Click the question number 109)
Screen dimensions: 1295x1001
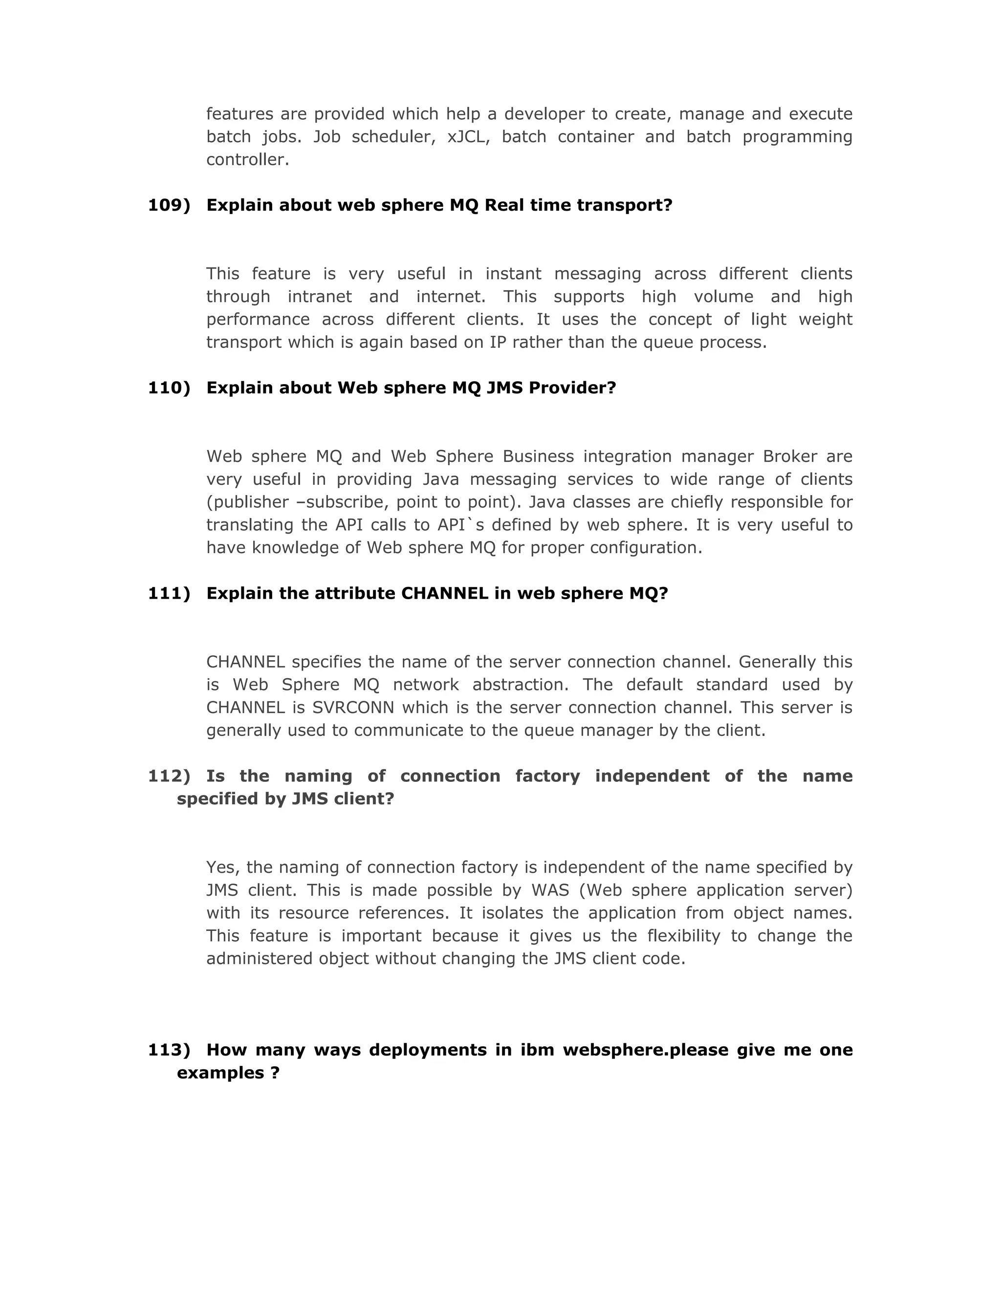click(169, 205)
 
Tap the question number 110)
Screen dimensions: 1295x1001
click(169, 388)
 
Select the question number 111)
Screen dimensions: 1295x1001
click(169, 594)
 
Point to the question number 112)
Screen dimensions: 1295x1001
click(169, 776)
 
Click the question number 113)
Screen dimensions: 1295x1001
click(169, 1050)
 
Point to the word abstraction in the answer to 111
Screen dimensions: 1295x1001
click(520, 685)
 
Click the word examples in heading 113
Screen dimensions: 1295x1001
click(220, 1073)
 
